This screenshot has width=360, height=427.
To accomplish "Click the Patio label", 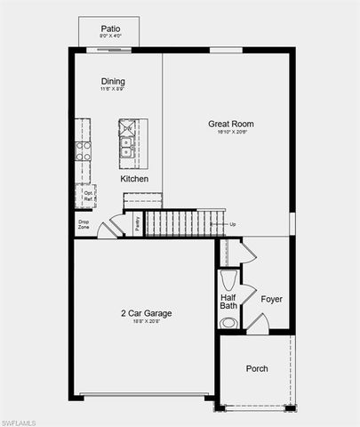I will [x=109, y=28].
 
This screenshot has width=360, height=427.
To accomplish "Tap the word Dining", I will [x=112, y=82].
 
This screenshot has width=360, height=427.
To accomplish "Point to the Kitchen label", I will [x=134, y=179].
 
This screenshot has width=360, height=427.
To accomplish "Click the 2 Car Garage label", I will [x=147, y=313].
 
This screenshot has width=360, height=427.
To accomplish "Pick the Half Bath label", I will [x=228, y=300].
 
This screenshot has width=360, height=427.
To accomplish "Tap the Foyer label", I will [x=271, y=299].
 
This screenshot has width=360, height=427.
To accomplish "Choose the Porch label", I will [x=257, y=368].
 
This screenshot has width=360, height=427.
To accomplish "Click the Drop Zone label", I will [x=84, y=225].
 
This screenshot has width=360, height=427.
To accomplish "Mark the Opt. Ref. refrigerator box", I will [x=88, y=195].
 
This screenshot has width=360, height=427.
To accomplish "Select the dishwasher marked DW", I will [x=127, y=130].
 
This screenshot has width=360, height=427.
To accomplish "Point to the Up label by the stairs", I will [x=233, y=224].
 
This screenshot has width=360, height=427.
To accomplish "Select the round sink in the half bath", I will [x=228, y=323].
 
